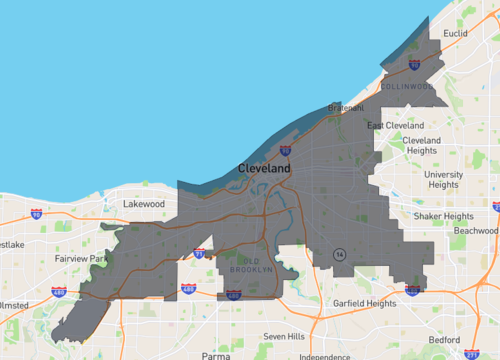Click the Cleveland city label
pyautogui.click(x=265, y=170)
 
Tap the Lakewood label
pyautogui.click(x=143, y=204)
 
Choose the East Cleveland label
pyautogui.click(x=395, y=125)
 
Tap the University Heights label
pyautogui.click(x=443, y=179)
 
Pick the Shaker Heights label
pyautogui.click(x=444, y=216)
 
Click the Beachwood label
pyautogui.click(x=474, y=230)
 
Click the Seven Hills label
pyautogui.click(x=282, y=336)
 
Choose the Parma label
pyautogui.click(x=215, y=355)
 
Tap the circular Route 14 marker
pyautogui.click(x=340, y=254)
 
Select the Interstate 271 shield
pyautogui.click(x=471, y=353)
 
